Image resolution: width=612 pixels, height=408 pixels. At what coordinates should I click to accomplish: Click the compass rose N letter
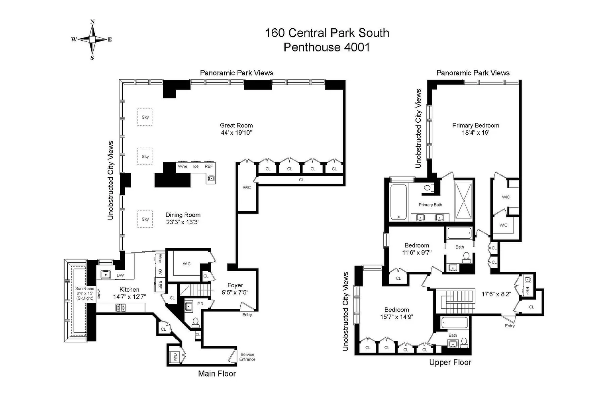[x=92, y=22]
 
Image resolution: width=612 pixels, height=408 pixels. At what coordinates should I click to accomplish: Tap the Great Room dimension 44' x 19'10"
[x=236, y=133]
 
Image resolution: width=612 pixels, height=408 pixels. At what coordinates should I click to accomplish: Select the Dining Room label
[x=183, y=215]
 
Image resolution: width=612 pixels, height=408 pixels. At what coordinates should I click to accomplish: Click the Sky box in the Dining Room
[x=145, y=219]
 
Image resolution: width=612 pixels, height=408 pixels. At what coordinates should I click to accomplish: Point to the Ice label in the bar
[x=196, y=167]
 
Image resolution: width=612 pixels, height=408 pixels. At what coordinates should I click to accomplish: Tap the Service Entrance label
[x=247, y=357]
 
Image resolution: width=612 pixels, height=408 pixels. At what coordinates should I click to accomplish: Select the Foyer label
[x=235, y=285]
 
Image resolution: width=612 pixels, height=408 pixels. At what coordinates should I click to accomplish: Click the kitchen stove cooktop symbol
[x=120, y=308]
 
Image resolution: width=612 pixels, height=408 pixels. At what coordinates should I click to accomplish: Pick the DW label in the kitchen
[x=120, y=275]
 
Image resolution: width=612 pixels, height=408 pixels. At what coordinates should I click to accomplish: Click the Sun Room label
[x=85, y=288]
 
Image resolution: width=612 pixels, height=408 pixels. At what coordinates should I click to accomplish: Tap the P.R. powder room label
[x=201, y=304]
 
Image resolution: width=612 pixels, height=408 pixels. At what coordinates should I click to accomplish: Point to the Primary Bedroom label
[x=476, y=126]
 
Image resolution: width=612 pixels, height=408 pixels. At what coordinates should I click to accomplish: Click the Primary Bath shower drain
[x=464, y=201]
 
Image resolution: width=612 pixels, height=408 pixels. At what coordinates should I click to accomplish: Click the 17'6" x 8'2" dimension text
[x=496, y=294]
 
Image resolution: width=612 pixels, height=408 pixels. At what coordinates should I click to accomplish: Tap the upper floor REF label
[x=527, y=291]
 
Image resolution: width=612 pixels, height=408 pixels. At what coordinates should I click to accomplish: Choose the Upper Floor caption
[x=450, y=362]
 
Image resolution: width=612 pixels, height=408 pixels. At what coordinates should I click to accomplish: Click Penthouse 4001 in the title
[x=327, y=47]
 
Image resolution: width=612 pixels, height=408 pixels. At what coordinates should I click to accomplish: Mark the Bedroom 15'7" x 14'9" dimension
[x=396, y=317]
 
